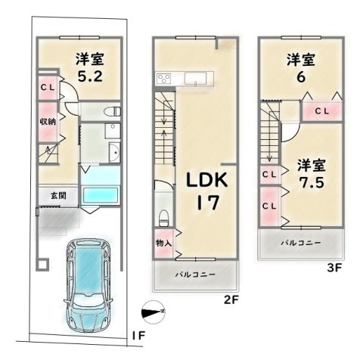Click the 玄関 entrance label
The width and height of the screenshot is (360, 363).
[58, 196]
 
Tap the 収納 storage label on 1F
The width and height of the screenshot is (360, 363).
[48, 122]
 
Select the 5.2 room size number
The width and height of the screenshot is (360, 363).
[90, 76]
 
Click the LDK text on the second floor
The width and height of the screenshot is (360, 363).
[207, 180]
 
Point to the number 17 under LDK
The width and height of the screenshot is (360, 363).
[207, 203]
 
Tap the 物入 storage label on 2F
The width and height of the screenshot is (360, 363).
[164, 244]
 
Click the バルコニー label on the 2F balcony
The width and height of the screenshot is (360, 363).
[196, 275]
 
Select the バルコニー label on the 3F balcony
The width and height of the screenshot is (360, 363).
[301, 243]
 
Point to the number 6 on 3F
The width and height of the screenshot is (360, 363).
[301, 77]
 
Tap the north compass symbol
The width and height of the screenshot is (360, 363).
[154, 312]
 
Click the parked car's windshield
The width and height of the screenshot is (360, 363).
[88, 302]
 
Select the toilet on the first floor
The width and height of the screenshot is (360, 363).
[113, 111]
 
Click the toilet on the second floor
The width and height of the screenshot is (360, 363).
[164, 219]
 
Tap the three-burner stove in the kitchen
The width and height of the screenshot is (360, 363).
[164, 78]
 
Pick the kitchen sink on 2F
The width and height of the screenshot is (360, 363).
[195, 79]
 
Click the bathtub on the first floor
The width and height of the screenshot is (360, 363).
[101, 195]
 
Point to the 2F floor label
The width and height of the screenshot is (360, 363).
[231, 300]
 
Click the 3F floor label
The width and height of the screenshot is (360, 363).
[334, 268]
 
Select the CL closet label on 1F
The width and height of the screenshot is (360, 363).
[48, 88]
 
